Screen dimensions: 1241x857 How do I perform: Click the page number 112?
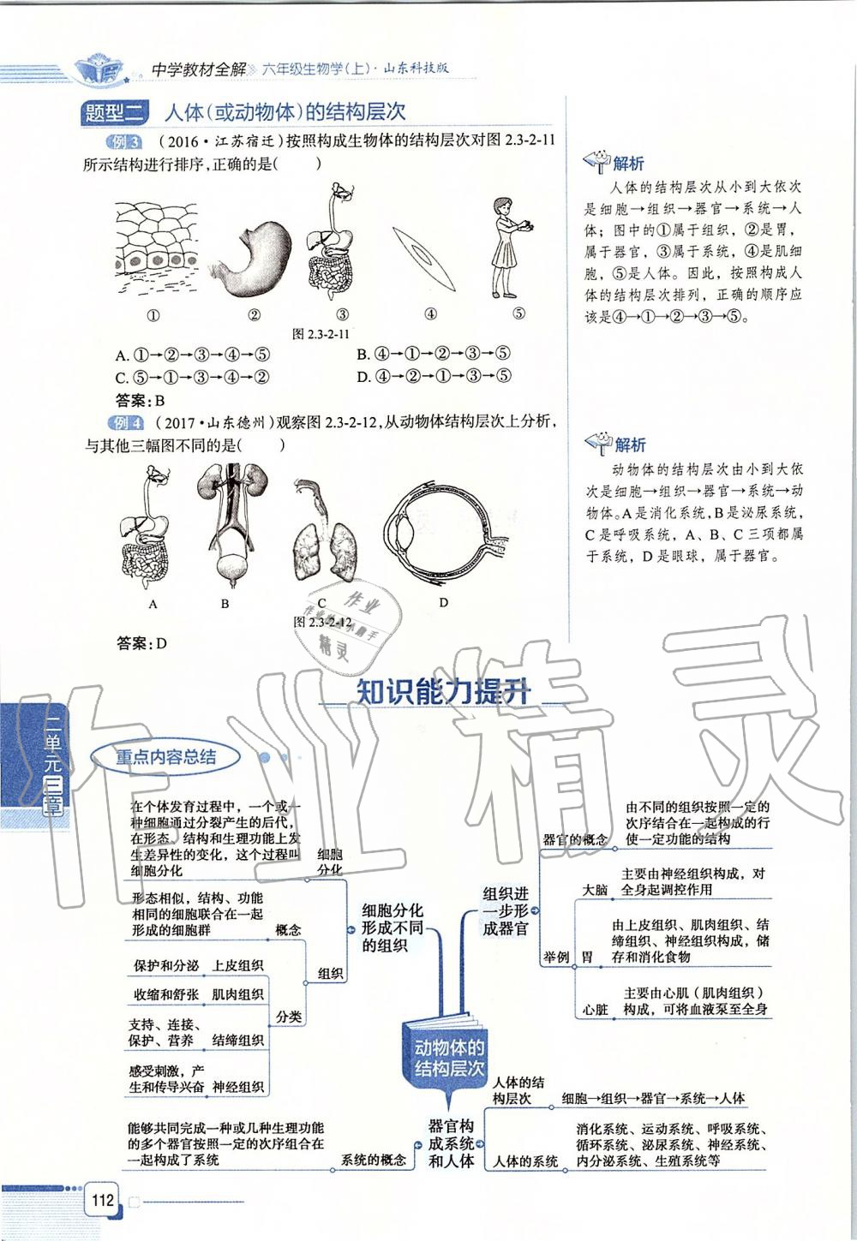click(103, 1199)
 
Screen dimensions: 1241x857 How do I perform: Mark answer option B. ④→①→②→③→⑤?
click(434, 354)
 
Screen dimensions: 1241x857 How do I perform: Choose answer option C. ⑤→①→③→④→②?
click(193, 377)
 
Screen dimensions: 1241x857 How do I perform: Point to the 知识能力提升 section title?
click(443, 692)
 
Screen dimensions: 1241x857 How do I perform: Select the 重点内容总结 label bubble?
click(166, 757)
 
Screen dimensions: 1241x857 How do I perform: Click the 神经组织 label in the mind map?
click(238, 1087)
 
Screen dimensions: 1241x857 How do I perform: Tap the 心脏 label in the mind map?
click(596, 1010)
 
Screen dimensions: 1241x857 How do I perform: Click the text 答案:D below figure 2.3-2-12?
click(141, 643)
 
